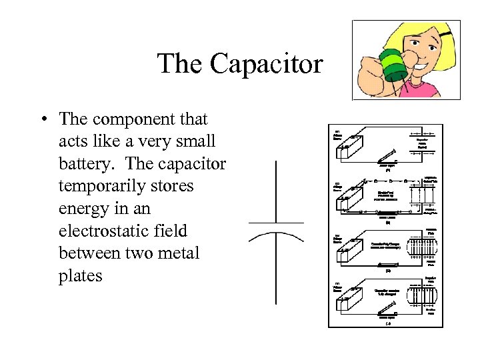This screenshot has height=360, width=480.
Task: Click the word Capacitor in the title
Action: [x=266, y=65]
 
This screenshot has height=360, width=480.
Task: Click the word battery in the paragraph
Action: [x=83, y=164]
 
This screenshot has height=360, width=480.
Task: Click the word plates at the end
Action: [x=81, y=276]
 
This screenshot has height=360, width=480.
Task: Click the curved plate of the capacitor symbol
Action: [x=276, y=235]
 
